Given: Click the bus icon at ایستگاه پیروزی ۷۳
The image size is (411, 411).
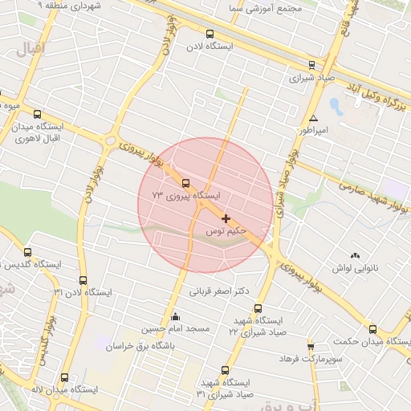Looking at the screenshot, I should [186, 183].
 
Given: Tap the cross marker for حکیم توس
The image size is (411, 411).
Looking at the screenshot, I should [226, 218].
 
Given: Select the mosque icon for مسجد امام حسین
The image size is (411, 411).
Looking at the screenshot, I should [176, 316].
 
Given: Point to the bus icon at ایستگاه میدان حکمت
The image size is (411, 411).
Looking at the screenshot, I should [372, 329].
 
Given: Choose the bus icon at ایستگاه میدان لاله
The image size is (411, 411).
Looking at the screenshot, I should [64, 377].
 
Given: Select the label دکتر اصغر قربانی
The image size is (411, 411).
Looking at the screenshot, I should [218, 291].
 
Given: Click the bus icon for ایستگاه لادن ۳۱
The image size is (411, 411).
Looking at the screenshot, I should [83, 280].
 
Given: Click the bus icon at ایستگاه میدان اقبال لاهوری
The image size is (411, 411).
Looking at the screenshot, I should [37, 114].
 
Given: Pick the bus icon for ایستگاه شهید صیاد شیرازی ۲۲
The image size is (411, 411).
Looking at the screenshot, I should [258, 308].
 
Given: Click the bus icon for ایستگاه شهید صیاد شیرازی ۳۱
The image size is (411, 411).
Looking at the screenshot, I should [225, 371].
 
